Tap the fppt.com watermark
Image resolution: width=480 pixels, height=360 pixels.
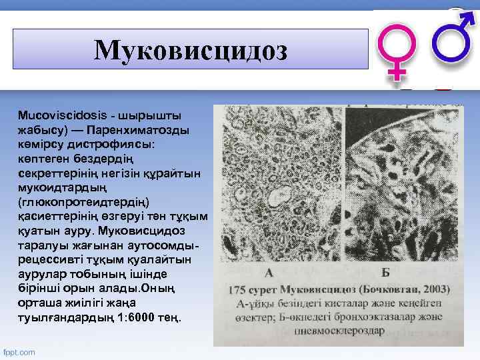click(x=20, y=351)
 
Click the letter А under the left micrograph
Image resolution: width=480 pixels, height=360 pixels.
click(x=269, y=273)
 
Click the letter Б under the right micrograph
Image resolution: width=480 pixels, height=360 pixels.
click(x=385, y=273)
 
